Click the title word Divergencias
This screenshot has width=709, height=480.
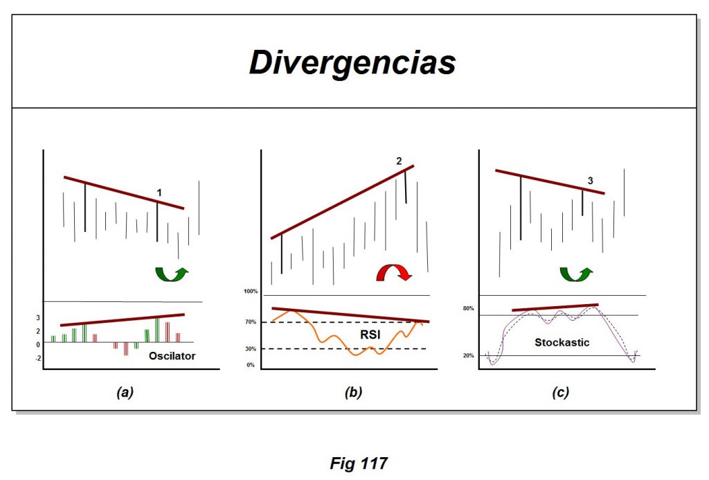click(352, 62)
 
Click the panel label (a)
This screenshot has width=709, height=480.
click(125, 393)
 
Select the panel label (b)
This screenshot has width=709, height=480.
click(353, 393)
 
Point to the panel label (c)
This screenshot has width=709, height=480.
click(560, 393)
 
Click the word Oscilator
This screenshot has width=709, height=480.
click(172, 356)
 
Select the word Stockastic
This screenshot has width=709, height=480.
click(562, 342)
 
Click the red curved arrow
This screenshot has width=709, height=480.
click(393, 273)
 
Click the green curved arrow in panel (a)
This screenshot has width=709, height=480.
click(170, 272)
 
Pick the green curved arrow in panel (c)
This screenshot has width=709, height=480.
click(575, 273)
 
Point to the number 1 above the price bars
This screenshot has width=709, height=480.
click(159, 191)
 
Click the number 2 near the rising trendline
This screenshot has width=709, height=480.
click(399, 161)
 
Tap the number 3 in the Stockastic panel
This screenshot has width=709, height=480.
click(590, 181)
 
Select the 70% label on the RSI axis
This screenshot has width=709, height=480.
click(250, 322)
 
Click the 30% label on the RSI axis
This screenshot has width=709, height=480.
click(250, 348)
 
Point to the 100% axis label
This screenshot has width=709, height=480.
click(250, 292)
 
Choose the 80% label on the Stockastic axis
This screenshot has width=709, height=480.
click(468, 308)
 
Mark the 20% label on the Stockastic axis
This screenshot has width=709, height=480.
click(468, 355)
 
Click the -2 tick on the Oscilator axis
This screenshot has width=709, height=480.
click(38, 358)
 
